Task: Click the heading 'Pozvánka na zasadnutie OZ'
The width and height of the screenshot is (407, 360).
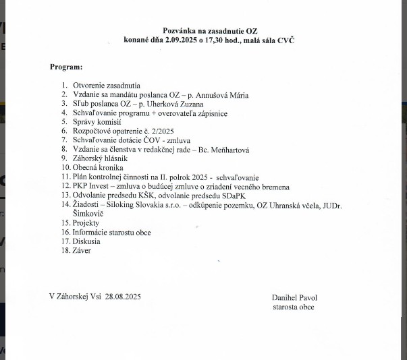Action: (x=210, y=31)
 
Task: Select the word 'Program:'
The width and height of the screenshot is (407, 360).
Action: (x=66, y=67)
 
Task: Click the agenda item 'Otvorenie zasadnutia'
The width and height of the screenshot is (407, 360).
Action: (x=106, y=86)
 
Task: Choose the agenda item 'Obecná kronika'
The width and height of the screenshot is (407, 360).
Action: (x=99, y=167)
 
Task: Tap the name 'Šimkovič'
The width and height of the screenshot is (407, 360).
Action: (x=86, y=212)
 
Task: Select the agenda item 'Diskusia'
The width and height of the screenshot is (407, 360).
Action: (x=86, y=241)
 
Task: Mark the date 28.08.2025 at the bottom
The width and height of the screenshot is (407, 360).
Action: (x=121, y=297)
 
